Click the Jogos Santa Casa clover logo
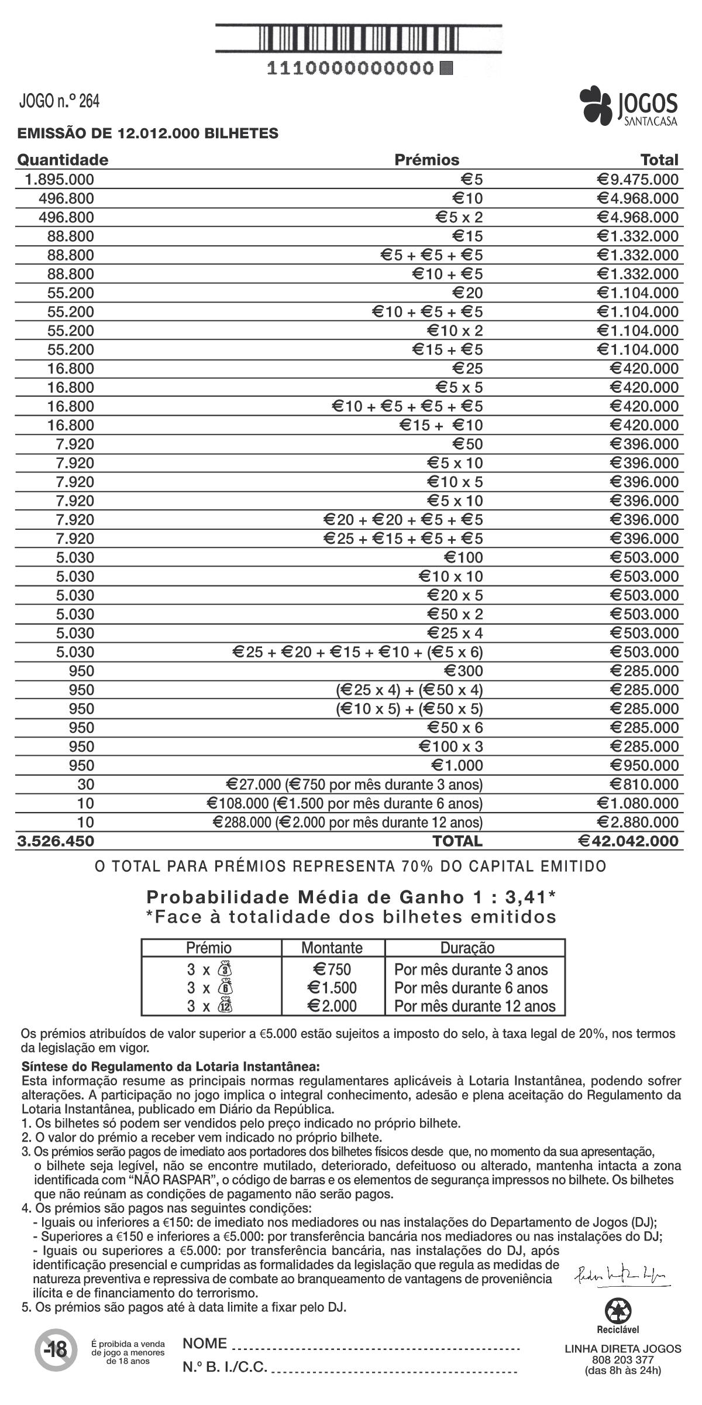(596, 104)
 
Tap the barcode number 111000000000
(350, 68)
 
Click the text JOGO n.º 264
(59, 101)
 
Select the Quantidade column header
(63, 160)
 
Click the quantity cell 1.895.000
(59, 179)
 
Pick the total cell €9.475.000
(638, 179)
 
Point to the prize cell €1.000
(457, 766)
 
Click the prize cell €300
(463, 671)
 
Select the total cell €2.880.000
(638, 822)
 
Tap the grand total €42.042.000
(628, 841)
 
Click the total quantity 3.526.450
(56, 841)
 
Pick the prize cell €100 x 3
(450, 746)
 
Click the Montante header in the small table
(332, 948)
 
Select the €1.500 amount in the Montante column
(332, 988)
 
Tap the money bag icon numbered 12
(225, 1006)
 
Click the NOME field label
(205, 1344)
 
